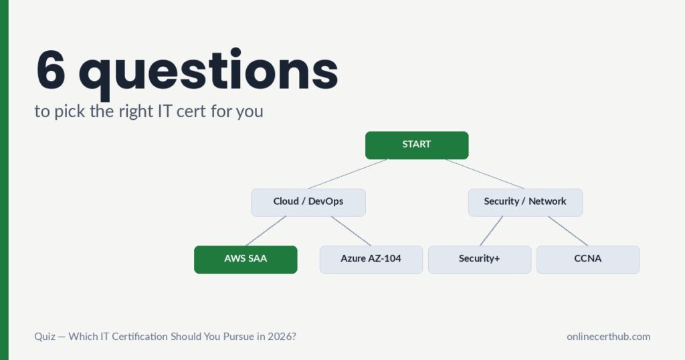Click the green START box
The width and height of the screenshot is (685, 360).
tap(417, 145)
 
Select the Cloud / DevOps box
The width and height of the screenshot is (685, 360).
tap(308, 202)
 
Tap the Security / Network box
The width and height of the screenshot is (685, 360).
tap(525, 202)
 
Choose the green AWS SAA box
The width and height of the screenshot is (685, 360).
tap(246, 259)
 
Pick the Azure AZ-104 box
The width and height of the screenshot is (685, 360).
tap(371, 259)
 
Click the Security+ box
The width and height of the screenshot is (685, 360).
tap(480, 259)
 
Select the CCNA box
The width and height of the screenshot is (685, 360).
tap(588, 259)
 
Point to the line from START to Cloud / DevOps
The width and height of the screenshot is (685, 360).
tap(348, 173)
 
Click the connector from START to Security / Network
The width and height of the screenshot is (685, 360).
tap(485, 173)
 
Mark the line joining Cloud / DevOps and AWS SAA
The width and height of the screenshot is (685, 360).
tap(266, 231)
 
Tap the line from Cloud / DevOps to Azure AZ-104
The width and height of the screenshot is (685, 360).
tap(351, 231)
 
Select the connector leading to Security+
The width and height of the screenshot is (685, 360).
tap(491, 231)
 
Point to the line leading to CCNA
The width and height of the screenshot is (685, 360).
tap(568, 231)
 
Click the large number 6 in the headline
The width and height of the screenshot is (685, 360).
tap(52, 70)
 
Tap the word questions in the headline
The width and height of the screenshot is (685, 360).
tap(208, 72)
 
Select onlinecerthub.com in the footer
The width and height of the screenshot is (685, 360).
tap(608, 337)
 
